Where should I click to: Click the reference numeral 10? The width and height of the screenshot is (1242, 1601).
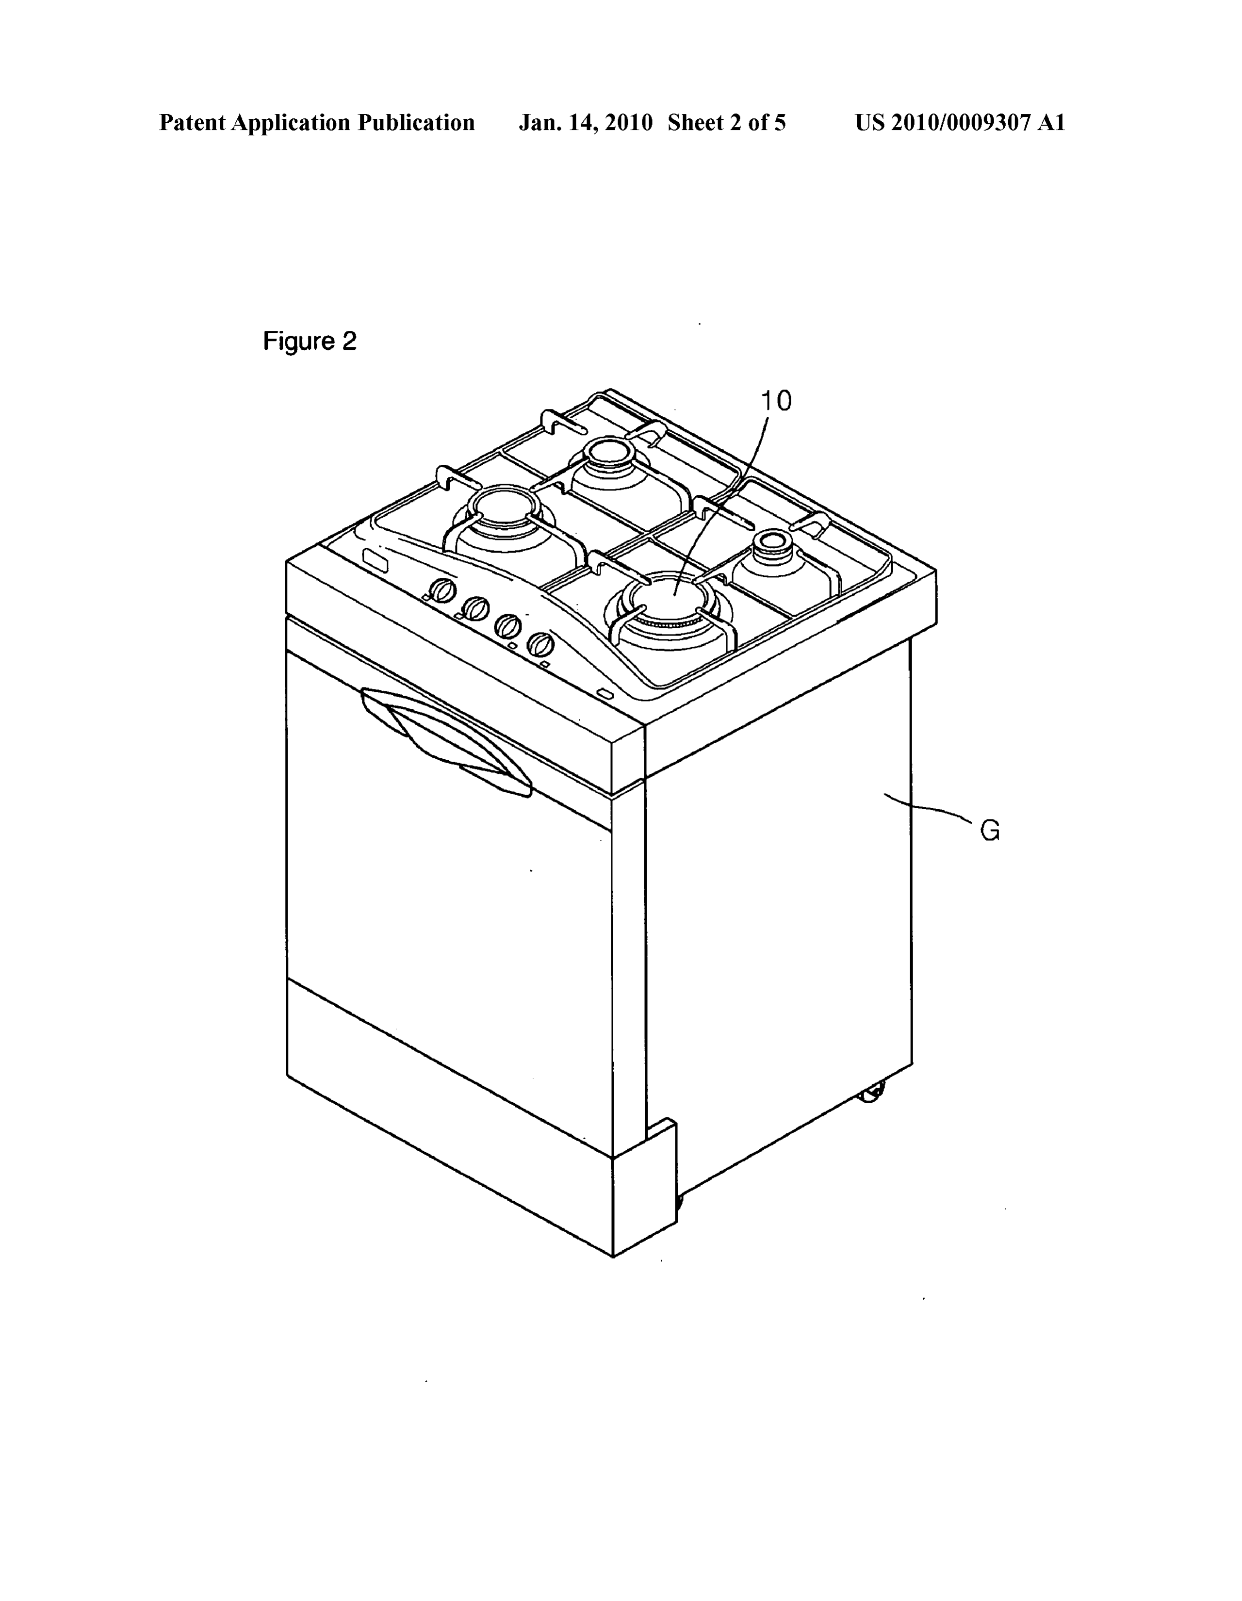pos(776,401)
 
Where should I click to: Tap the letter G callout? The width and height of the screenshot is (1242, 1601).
pos(990,831)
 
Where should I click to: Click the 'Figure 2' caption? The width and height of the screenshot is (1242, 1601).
pos(310,342)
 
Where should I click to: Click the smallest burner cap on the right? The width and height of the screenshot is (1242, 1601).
pos(770,542)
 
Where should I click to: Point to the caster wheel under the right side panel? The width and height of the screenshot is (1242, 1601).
pos(872,1095)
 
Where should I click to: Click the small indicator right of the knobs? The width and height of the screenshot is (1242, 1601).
pos(605,693)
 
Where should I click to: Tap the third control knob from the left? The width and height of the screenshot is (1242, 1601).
pos(507,626)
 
